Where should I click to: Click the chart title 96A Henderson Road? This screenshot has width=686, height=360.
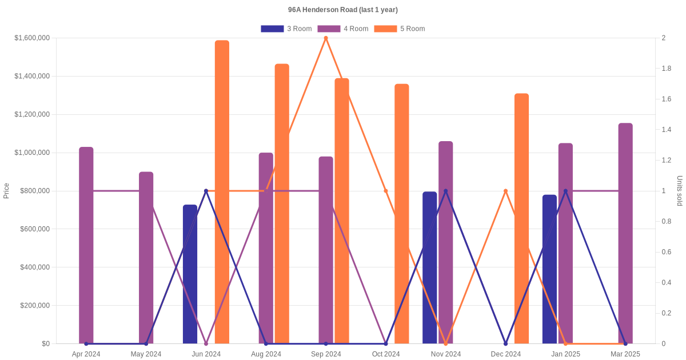pyautogui.click(x=342, y=10)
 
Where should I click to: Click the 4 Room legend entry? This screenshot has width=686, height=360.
pyautogui.click(x=342, y=29)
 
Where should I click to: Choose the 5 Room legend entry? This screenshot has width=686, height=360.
pyautogui.click(x=399, y=29)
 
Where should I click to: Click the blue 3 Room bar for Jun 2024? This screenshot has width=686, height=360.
pyautogui.click(x=190, y=274)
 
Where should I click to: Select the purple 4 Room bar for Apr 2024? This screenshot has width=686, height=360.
pyautogui.click(x=86, y=246)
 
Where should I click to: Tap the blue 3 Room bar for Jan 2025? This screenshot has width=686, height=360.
pyautogui.click(x=549, y=269)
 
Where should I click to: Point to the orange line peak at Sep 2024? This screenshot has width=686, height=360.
pyautogui.click(x=326, y=38)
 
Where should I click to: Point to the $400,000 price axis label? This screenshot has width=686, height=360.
pyautogui.click(x=35, y=267)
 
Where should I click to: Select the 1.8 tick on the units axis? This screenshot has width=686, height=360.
pyautogui.click(x=667, y=69)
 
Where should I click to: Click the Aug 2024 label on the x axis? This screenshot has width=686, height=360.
pyautogui.click(x=266, y=354)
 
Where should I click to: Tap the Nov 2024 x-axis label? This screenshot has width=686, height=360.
pyautogui.click(x=446, y=354)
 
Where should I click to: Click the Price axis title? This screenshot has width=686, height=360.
pyautogui.click(x=6, y=191)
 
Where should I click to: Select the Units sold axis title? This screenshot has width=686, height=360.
pyautogui.click(x=680, y=191)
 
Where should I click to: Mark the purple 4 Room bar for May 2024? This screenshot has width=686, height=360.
pyautogui.click(x=146, y=258)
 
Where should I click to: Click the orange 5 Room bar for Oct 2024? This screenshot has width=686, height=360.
pyautogui.click(x=402, y=214)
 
